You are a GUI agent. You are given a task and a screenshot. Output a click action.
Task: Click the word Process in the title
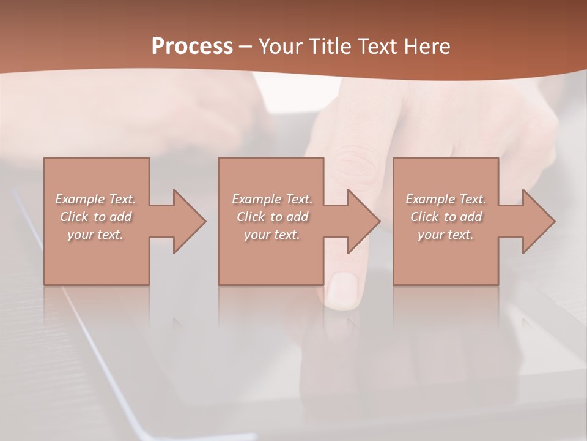point(192,47)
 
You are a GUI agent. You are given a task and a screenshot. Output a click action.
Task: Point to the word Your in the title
point(281,47)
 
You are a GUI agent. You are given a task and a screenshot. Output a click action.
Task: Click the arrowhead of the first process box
point(190,221)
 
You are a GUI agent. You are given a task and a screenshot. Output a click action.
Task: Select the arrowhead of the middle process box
point(364,221)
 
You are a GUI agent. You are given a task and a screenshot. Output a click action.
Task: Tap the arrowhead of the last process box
point(539,221)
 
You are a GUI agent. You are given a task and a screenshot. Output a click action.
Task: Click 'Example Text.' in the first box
point(95,199)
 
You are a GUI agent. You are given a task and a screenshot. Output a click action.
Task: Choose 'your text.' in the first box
point(95,235)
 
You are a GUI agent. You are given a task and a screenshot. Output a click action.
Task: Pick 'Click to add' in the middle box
point(272,217)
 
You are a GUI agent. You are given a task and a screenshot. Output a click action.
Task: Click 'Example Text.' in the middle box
point(272,199)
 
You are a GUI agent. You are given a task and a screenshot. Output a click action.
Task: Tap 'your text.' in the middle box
point(272,235)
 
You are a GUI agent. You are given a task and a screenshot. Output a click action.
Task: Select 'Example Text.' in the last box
point(446,199)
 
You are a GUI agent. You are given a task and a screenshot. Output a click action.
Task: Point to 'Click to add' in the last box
point(446,217)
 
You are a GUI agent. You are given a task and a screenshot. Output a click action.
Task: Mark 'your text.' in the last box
point(446,235)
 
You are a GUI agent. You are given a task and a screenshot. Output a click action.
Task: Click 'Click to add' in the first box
point(95,217)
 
